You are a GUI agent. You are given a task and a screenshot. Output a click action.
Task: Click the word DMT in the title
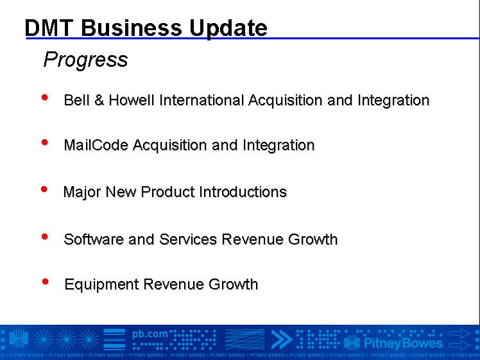(49, 28)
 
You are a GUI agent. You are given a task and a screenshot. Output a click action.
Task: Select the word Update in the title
(228, 29)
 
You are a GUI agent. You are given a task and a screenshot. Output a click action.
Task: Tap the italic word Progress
(86, 60)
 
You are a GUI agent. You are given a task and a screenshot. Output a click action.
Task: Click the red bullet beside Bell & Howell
(45, 98)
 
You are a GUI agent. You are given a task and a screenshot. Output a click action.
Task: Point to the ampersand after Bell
(99, 100)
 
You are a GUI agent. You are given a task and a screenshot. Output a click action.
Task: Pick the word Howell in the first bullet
(132, 100)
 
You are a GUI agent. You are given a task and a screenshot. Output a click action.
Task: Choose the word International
(201, 100)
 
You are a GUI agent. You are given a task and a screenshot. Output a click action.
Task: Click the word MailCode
(96, 145)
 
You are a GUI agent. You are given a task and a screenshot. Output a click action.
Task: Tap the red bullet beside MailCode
(45, 142)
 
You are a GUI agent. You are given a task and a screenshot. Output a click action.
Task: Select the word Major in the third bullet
(81, 193)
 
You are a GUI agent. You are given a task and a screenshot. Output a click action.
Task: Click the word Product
(167, 192)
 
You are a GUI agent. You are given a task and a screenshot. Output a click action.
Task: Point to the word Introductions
(243, 192)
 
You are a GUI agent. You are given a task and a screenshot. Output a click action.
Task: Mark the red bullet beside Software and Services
(45, 237)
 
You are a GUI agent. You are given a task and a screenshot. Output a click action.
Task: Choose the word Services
(188, 239)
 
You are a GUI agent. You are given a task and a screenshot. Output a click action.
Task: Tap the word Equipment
(101, 285)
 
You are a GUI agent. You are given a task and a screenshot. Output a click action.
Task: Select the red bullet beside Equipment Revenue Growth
(46, 282)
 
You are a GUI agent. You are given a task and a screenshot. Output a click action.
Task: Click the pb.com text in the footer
(150, 334)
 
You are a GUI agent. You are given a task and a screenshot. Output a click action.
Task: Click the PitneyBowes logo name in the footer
(403, 343)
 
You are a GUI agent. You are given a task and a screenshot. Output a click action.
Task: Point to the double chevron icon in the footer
(282, 339)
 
